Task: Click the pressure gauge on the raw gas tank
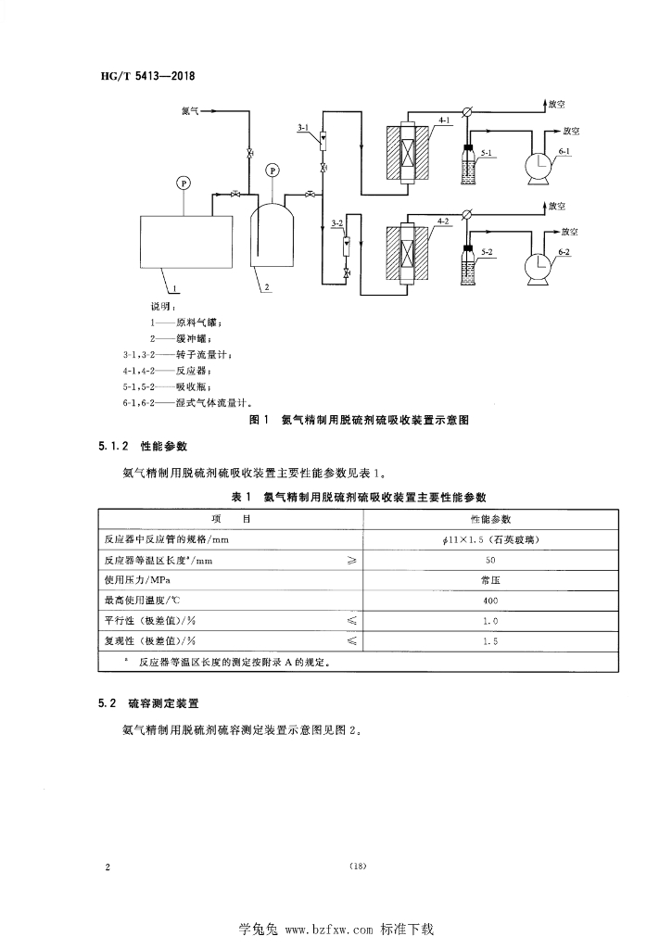(184, 183)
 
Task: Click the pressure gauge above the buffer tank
(272, 170)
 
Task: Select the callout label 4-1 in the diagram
(443, 121)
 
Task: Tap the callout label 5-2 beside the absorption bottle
(487, 251)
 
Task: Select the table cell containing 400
(490, 600)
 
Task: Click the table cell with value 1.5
(490, 640)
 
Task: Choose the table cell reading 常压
(490, 580)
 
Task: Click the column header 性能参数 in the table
(490, 518)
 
